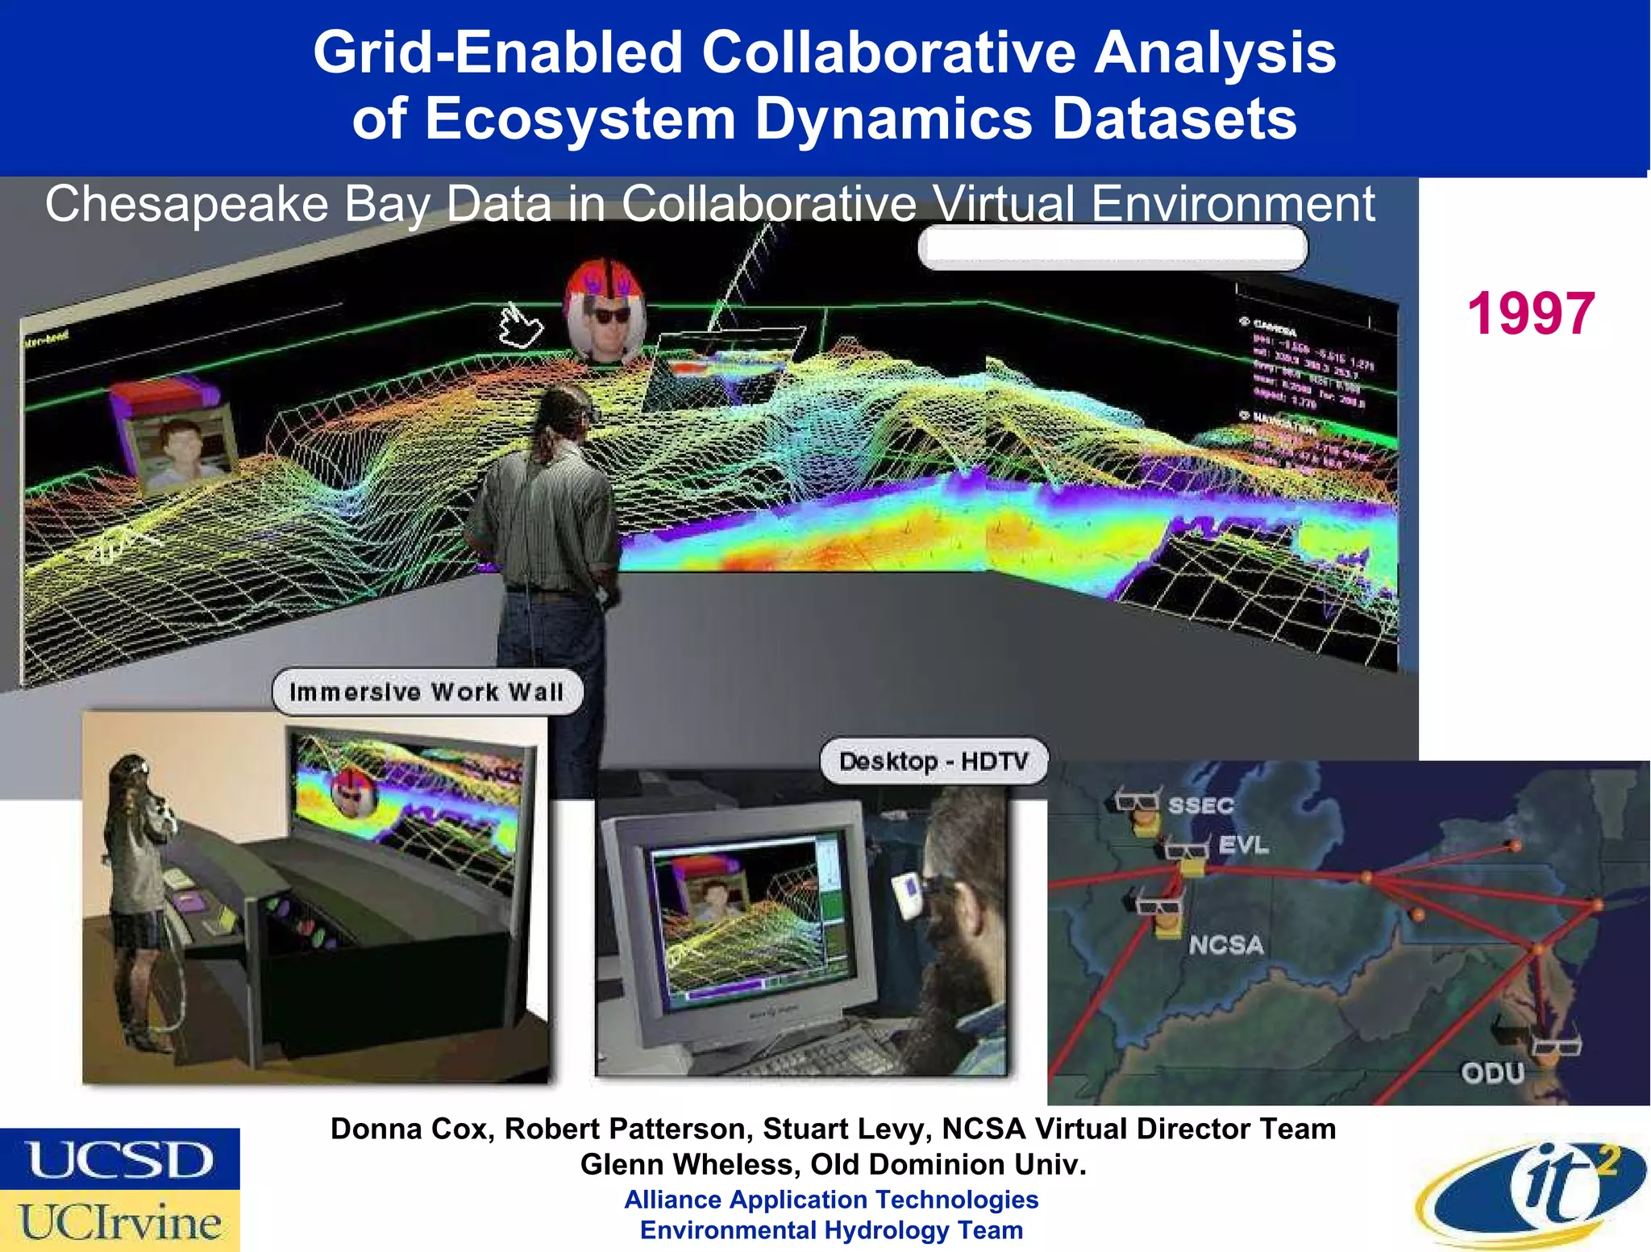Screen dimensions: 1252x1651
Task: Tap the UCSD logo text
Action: (x=121, y=1159)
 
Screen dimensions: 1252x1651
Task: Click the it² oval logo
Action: (x=1532, y=1193)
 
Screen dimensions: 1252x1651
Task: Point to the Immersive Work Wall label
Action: (x=426, y=692)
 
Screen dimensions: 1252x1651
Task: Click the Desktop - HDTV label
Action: (x=934, y=761)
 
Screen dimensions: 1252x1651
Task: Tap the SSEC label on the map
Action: (x=1201, y=805)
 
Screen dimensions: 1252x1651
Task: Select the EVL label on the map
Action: (x=1243, y=845)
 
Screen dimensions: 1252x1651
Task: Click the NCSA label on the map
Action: (x=1225, y=944)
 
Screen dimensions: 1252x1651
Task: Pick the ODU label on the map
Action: (x=1492, y=1073)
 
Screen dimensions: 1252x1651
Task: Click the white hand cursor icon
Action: (x=520, y=327)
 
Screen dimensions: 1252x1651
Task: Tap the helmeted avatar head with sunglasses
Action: (x=605, y=310)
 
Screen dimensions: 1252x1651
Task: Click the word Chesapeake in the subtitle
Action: (x=186, y=203)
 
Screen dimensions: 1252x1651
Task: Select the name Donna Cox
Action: (x=411, y=1129)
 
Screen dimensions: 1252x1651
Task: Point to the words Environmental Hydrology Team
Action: (x=831, y=1230)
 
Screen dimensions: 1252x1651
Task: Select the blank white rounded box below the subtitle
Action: (x=1112, y=247)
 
